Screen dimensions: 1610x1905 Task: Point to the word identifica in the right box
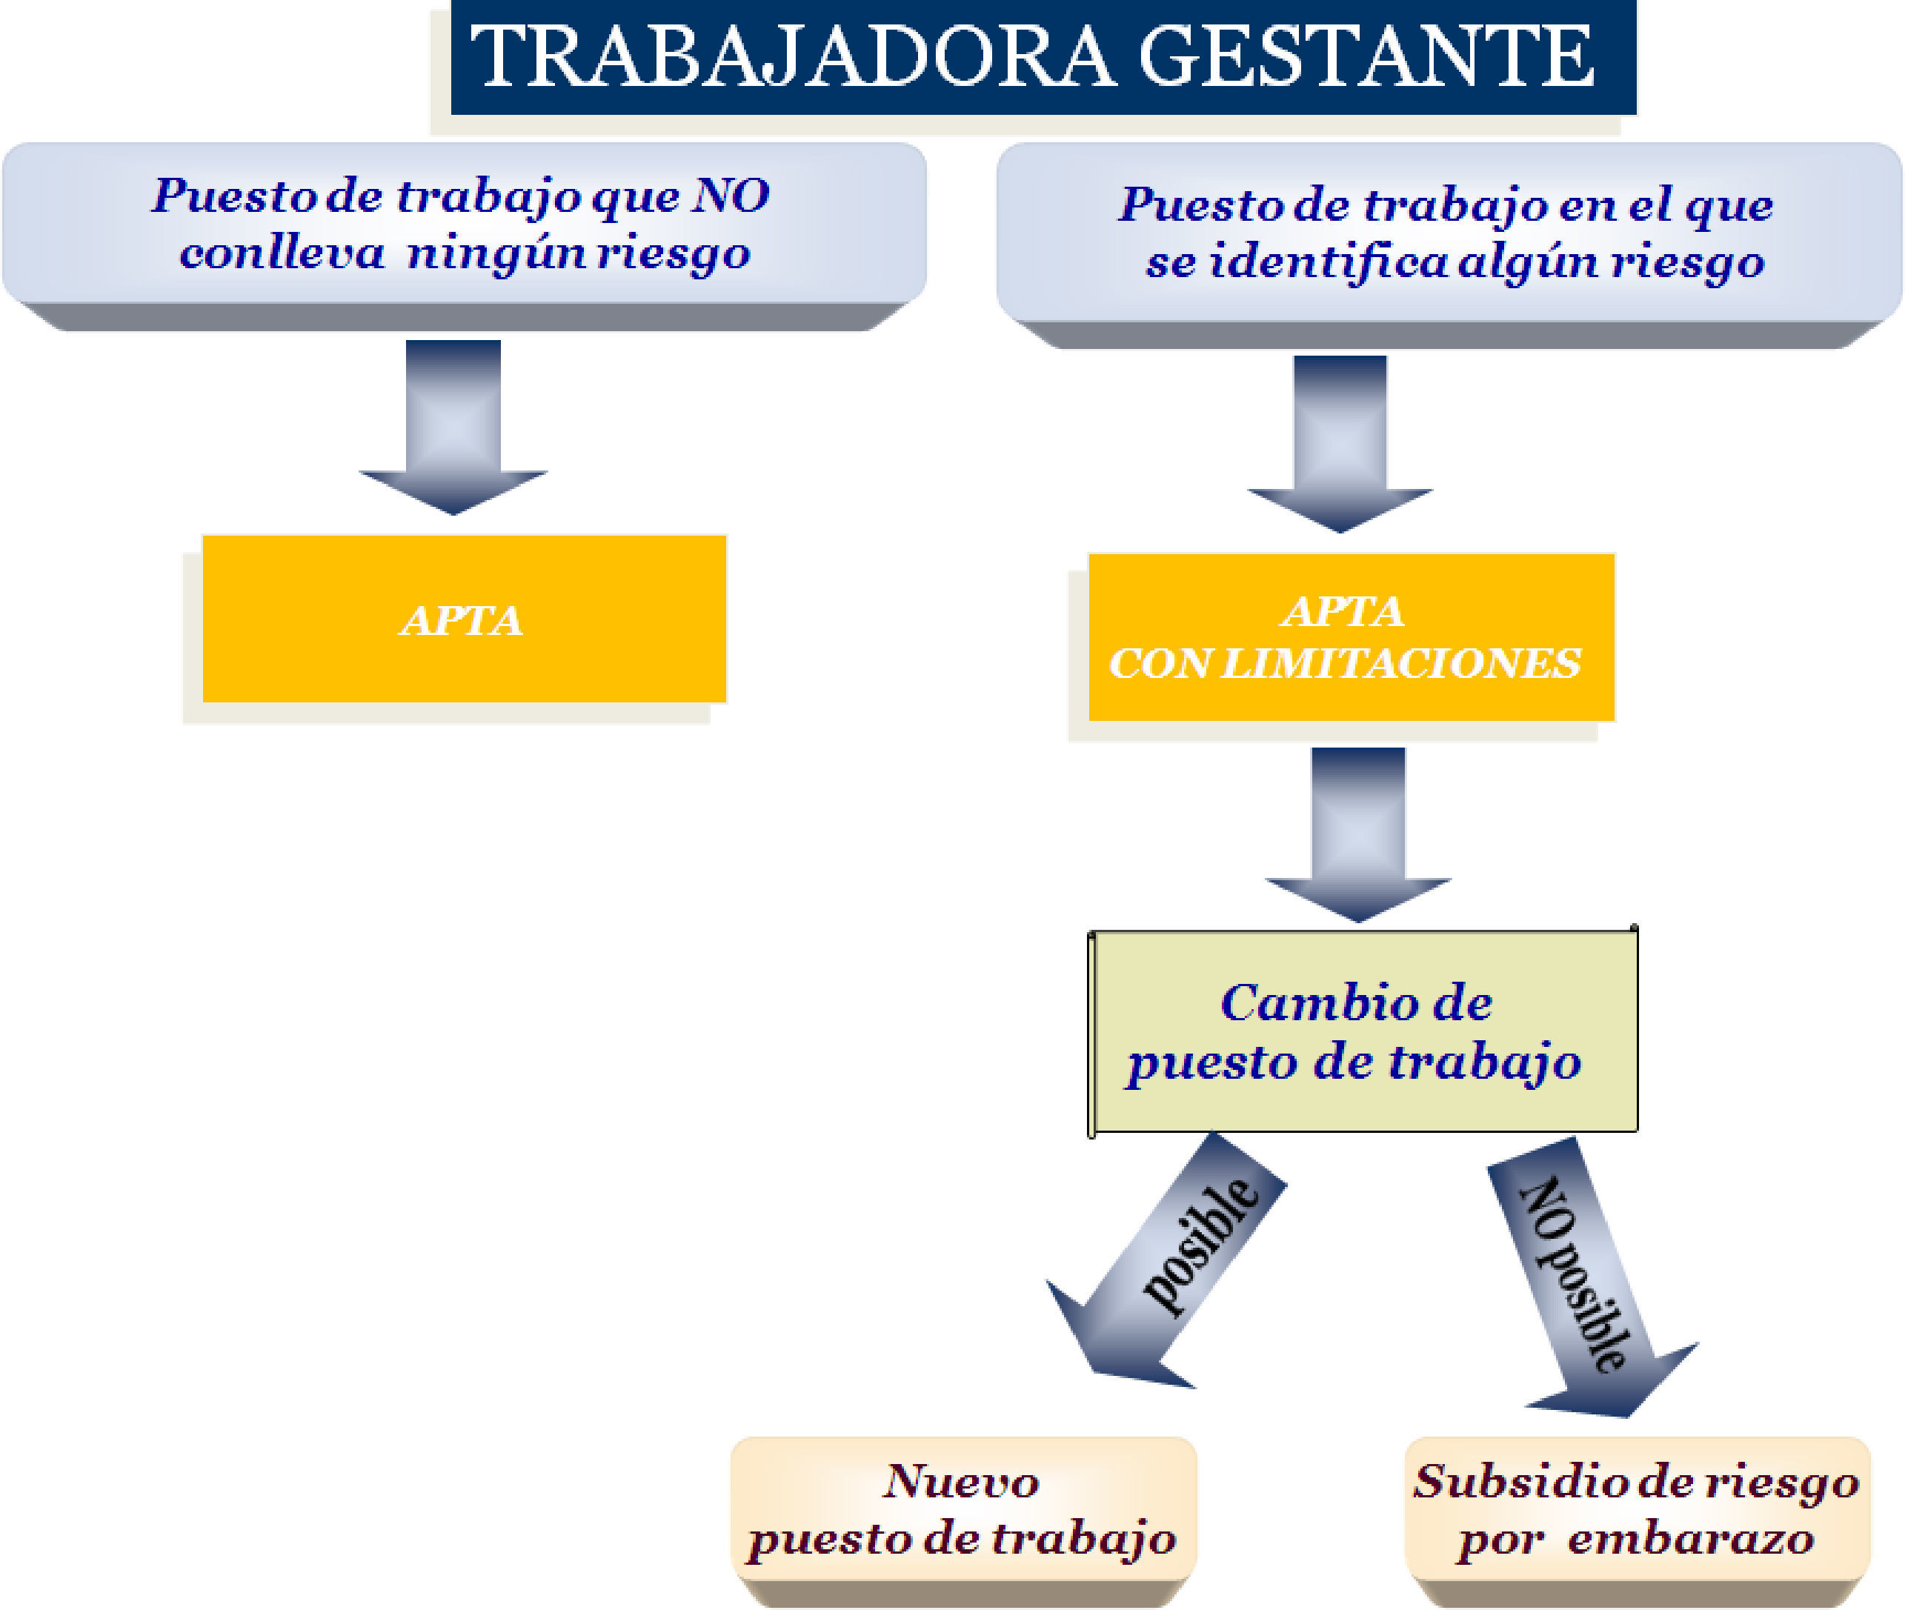click(x=1328, y=263)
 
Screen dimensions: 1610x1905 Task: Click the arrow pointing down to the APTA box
click(x=453, y=425)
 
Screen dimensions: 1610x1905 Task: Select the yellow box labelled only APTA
click(x=464, y=619)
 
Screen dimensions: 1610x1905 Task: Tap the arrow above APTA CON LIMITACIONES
click(x=1340, y=442)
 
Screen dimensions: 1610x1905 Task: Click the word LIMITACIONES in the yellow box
click(x=1400, y=664)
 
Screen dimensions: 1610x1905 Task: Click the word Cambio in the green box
click(x=1306, y=1003)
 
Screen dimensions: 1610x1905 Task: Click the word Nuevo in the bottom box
click(x=961, y=1481)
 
